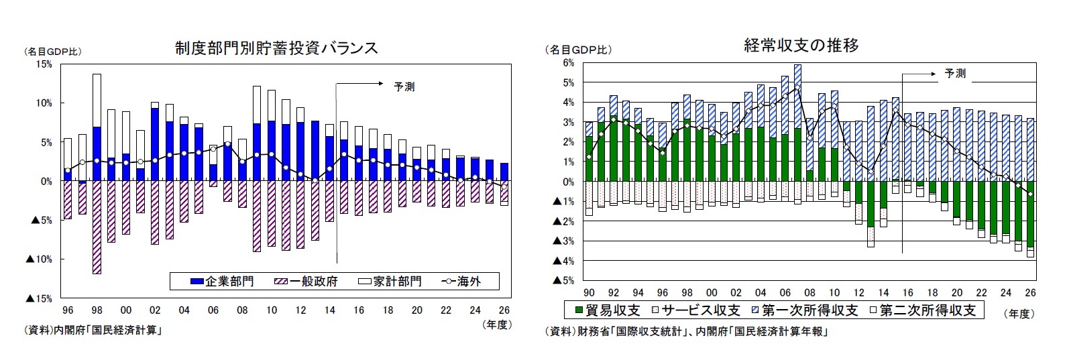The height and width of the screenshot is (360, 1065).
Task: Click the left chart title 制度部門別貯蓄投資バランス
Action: pyautogui.click(x=276, y=48)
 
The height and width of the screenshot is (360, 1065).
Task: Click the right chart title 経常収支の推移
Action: pyautogui.click(x=801, y=46)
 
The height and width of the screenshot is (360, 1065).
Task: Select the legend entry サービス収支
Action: pyautogui.click(x=694, y=310)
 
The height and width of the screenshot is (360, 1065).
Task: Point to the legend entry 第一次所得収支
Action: pyautogui.click(x=803, y=310)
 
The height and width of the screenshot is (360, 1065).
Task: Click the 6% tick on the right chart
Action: pyautogui.click(x=568, y=63)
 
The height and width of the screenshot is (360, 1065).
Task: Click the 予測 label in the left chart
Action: pyautogui.click(x=404, y=86)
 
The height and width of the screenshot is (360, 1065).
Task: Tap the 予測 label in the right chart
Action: pyautogui.click(x=955, y=74)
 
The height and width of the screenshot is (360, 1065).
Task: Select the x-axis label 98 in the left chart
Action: pyautogui.click(x=97, y=310)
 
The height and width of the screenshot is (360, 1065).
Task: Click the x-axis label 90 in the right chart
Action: pyautogui.click(x=589, y=293)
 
